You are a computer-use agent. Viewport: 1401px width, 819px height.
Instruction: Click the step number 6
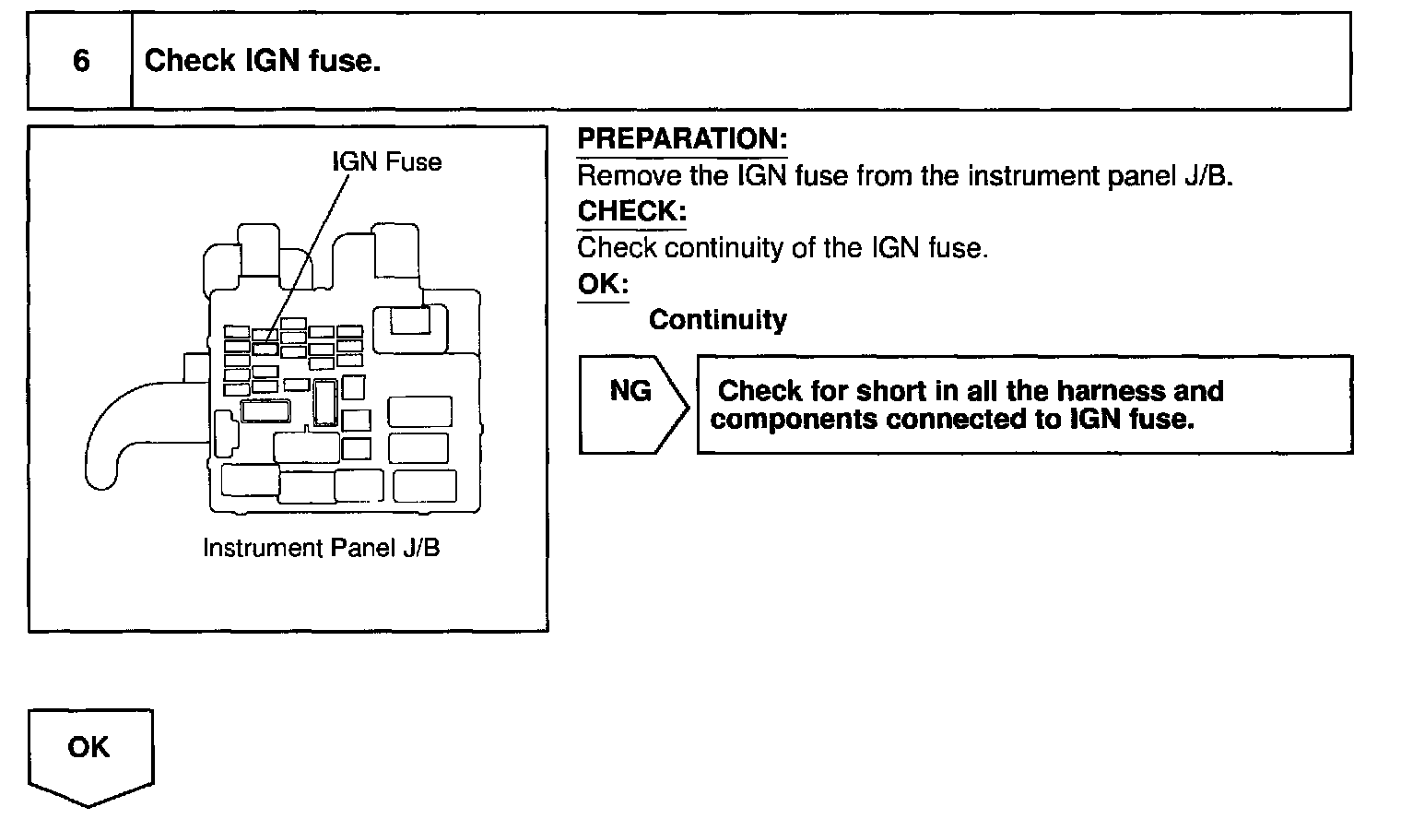[81, 61]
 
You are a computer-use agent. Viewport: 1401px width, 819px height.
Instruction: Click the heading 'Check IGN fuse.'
[263, 61]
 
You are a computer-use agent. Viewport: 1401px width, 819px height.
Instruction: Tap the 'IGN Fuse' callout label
[386, 162]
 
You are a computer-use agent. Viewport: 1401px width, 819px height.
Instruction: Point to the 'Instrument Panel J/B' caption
[321, 548]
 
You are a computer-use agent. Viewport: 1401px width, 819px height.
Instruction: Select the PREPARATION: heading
[682, 139]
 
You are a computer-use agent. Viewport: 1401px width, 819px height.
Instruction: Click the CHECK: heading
[631, 211]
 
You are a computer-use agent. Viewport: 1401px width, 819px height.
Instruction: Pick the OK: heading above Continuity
[603, 284]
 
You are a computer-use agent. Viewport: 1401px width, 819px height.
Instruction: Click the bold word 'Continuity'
[717, 320]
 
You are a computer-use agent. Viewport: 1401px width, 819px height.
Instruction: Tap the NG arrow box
[632, 403]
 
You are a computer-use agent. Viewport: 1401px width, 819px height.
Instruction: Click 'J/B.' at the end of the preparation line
[1207, 175]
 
